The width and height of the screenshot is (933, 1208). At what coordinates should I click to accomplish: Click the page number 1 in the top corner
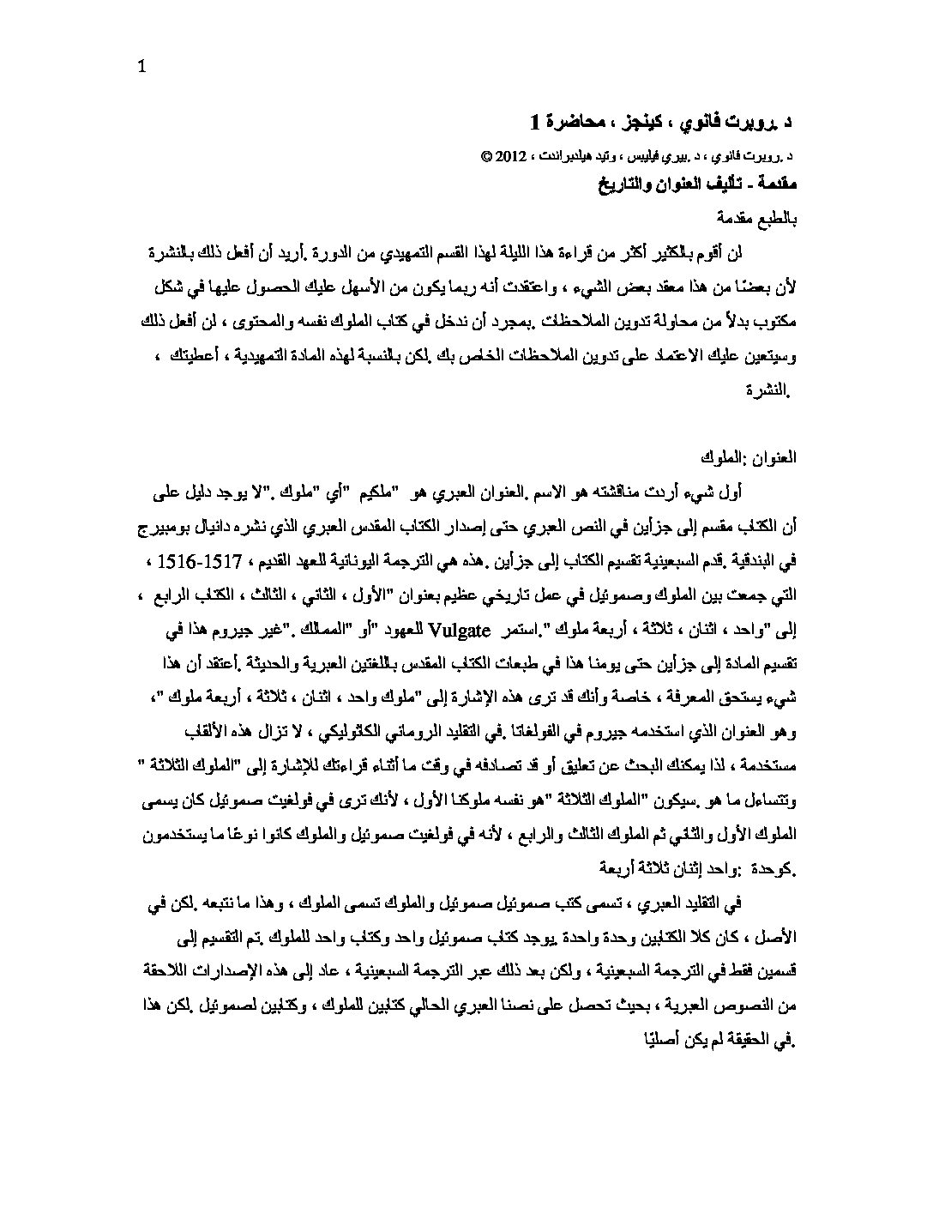pos(142,68)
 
